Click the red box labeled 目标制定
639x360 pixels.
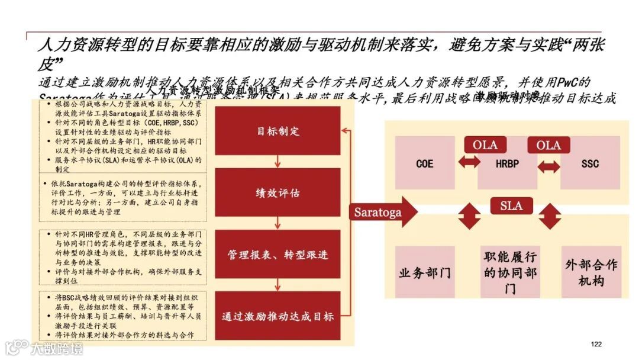tap(277, 131)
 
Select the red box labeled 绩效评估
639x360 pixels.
tap(277, 192)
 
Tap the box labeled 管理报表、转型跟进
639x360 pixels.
tap(277, 255)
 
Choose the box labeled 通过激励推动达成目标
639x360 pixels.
tap(277, 316)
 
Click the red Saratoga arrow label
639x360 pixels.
tap(379, 212)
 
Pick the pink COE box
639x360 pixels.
tap(425, 163)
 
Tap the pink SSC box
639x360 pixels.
tap(590, 163)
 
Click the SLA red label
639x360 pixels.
tap(512, 205)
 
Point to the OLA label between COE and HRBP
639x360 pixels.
tap(485, 145)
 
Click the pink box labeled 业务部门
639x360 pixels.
tap(425, 273)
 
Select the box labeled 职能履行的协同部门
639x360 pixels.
tap(510, 273)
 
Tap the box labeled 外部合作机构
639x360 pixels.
tap(591, 273)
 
